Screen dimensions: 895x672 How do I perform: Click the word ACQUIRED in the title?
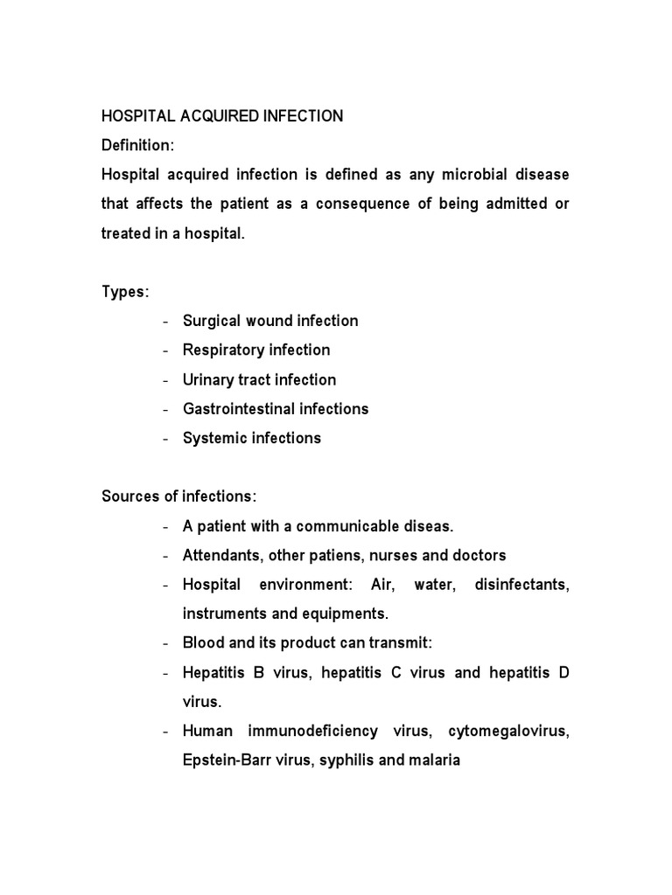[210, 116]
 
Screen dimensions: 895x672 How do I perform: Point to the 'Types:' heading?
[125, 292]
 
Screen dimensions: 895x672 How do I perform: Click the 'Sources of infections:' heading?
[179, 496]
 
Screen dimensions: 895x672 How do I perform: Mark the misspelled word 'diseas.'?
[429, 526]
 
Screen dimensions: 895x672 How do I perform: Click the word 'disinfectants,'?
[521, 585]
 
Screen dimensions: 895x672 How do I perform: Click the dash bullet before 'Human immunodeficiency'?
[166, 732]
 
